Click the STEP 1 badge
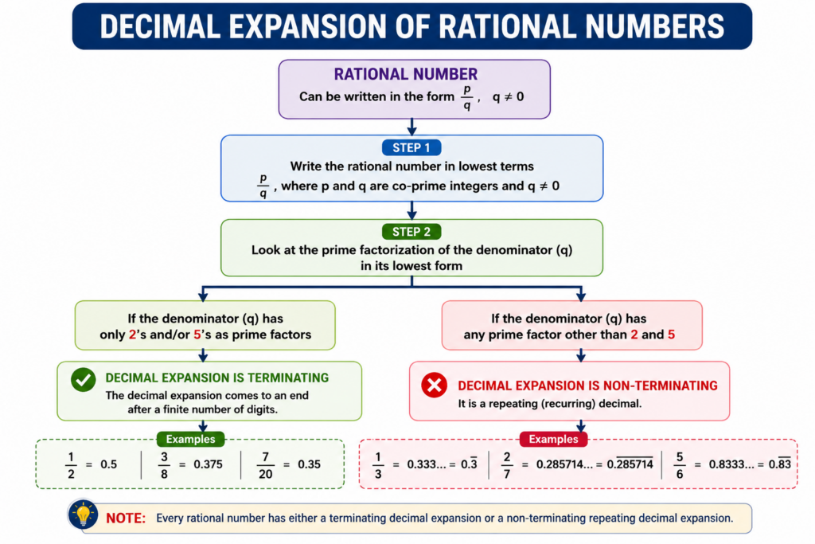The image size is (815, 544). pos(411,147)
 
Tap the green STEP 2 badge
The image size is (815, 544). pos(411,232)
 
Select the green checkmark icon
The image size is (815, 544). pos(83,380)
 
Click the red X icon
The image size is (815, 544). pos(434,385)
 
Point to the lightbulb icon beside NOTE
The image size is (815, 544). pos(83,515)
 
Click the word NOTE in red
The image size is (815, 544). pos(126,518)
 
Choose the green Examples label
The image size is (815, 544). pos(190,439)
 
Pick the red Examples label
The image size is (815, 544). pos(554,439)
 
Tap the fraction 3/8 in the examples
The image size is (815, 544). pos(164,465)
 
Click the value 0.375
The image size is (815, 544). pos(208,464)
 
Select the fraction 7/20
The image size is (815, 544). pos(265,465)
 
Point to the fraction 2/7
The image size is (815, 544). pos(507,465)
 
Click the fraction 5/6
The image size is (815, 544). pos(680,465)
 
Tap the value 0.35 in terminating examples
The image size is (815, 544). pos(309,464)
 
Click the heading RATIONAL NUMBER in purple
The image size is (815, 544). pos(405,74)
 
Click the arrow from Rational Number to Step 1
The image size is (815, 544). pos(411,127)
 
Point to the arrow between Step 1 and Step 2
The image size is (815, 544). pos(411,210)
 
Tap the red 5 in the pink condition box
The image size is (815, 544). pos(671,335)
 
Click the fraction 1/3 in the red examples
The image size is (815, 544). pos(378,465)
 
